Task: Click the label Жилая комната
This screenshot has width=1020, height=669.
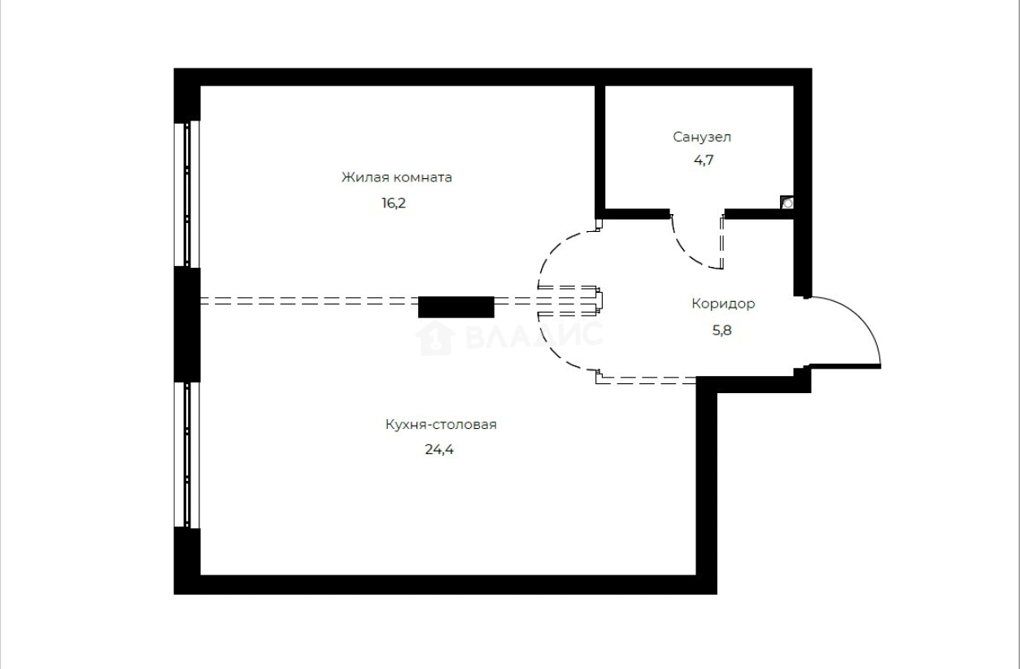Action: tap(396, 177)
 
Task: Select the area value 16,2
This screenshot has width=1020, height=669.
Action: tap(393, 203)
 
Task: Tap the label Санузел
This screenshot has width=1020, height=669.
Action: tap(695, 137)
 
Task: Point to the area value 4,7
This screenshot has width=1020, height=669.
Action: tap(704, 160)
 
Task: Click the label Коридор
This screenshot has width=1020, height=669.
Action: tap(723, 304)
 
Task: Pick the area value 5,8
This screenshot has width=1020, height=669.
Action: tap(721, 330)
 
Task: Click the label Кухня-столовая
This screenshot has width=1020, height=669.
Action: tap(440, 424)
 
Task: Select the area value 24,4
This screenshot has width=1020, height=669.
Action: tap(439, 448)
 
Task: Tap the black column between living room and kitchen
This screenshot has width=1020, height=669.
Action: tap(456, 307)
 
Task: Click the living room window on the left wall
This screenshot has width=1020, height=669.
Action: tap(187, 195)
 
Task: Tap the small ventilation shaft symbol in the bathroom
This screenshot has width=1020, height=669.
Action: tap(787, 203)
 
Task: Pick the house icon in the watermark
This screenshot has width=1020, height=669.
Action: tap(435, 337)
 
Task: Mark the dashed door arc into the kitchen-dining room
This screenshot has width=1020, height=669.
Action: tap(552, 349)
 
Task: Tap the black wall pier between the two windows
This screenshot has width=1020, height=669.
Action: tap(187, 324)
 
